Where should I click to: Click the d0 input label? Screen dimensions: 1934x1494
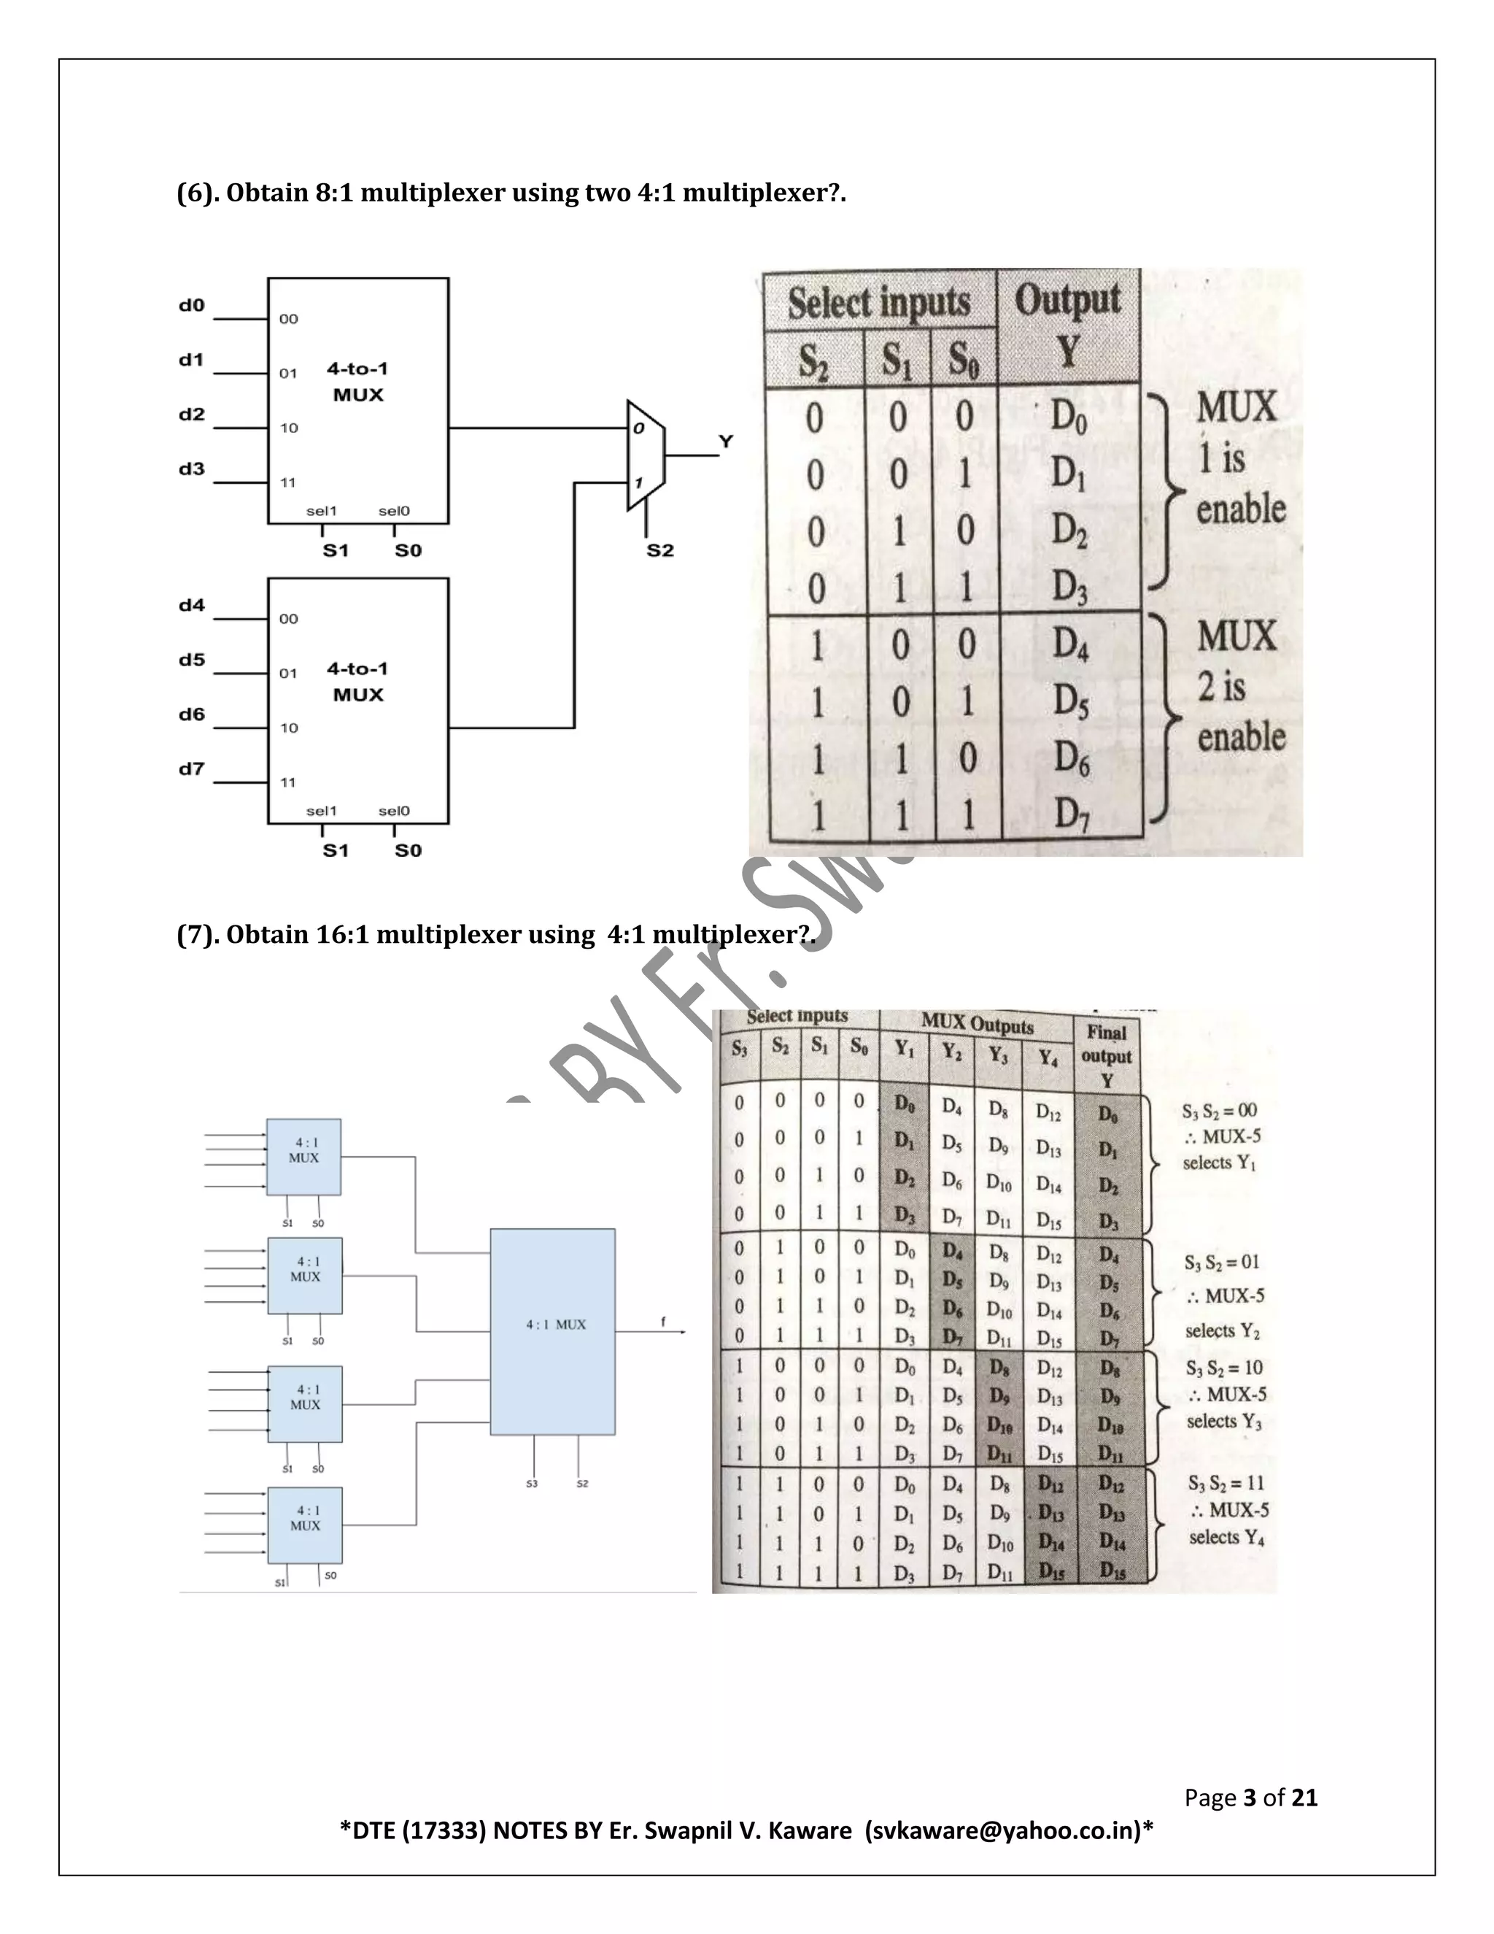coord(191,306)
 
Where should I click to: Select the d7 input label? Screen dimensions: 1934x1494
coord(191,768)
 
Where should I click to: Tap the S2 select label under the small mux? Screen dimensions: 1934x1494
coord(660,551)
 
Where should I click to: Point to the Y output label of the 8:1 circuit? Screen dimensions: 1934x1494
coord(726,441)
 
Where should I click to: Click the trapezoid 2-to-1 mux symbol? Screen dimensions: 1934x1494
coord(645,455)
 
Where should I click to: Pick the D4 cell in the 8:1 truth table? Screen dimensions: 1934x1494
coord(1070,644)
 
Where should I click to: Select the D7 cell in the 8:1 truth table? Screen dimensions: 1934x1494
coord(1071,813)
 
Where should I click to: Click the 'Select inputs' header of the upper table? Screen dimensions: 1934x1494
coord(879,302)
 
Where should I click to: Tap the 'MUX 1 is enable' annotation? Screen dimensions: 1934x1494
coord(1239,458)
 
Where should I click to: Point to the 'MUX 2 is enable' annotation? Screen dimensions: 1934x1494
coord(1239,686)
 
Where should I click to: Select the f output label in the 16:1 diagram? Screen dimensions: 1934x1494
coord(663,1322)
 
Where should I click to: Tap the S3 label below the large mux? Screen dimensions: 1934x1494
coord(531,1483)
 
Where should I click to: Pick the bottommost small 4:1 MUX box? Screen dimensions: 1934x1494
coord(304,1525)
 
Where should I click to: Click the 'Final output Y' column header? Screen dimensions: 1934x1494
coord(1107,1055)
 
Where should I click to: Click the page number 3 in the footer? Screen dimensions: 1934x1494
coord(1250,1797)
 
